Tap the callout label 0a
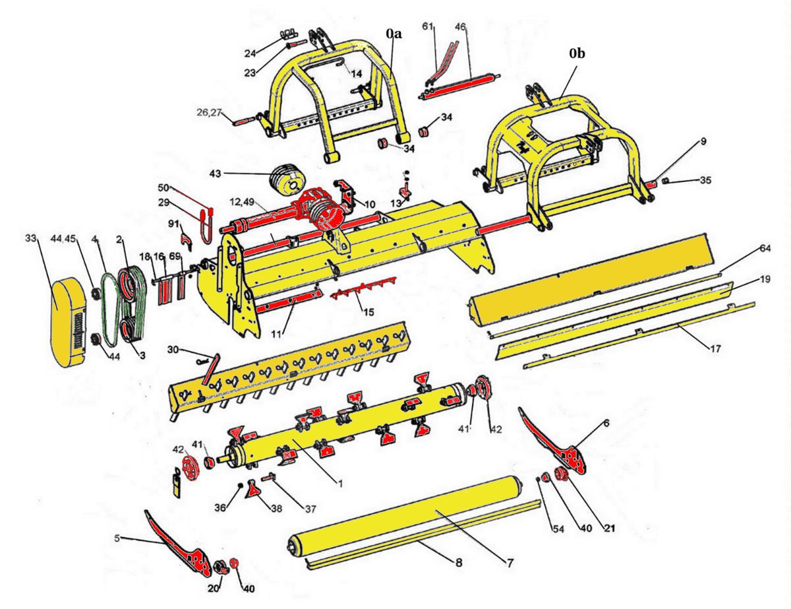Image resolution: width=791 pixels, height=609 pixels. (394, 32)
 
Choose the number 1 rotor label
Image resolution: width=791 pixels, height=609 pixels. (339, 483)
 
